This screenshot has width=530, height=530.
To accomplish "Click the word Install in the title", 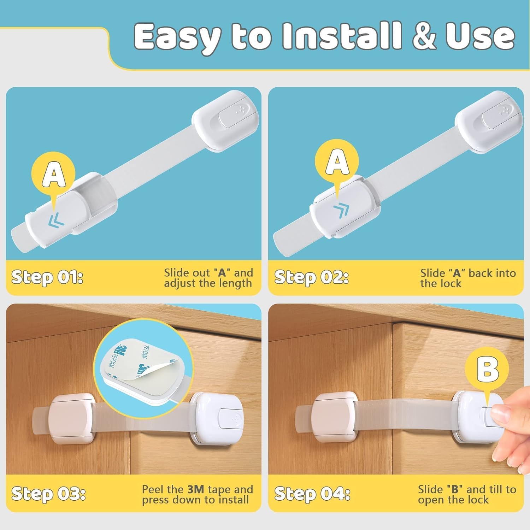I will (x=342, y=36).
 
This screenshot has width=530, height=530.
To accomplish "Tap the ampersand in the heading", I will (x=426, y=36).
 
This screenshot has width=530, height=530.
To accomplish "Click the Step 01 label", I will (x=47, y=277).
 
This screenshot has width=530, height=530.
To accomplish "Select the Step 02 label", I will (x=311, y=277).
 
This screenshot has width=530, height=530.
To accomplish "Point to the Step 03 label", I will (x=48, y=494).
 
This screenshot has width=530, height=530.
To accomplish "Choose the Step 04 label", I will (x=312, y=494).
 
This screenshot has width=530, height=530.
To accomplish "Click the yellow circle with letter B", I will (x=487, y=369).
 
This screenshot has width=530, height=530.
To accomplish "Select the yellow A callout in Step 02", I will (x=337, y=161).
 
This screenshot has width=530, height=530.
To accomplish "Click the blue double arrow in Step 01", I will (x=57, y=220).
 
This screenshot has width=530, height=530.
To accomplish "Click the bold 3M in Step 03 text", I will (x=195, y=489).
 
